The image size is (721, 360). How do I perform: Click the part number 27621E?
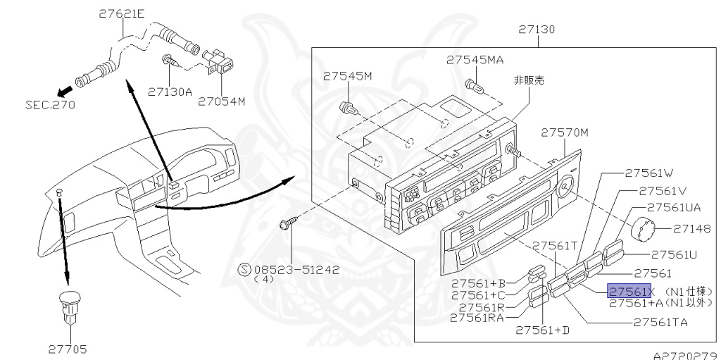pyautogui.click(x=121, y=14)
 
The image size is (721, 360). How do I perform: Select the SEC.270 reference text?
pyautogui.click(x=50, y=104)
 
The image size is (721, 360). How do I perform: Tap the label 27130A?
pyautogui.click(x=170, y=92)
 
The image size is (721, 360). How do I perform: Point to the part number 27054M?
pyautogui.click(x=222, y=101)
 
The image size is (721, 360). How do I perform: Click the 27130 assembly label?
pyautogui.click(x=537, y=30)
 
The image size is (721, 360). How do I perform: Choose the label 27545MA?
pyautogui.click(x=475, y=60)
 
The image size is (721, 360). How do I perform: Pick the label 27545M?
pyautogui.click(x=347, y=76)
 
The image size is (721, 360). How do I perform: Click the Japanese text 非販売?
pyautogui.click(x=529, y=80)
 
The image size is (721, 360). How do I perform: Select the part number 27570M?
pyautogui.click(x=564, y=132)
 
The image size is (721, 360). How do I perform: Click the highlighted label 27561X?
pyautogui.click(x=629, y=291)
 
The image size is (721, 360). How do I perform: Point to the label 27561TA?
pyautogui.click(x=660, y=322)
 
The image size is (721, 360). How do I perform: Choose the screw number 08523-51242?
pyautogui.click(x=296, y=270)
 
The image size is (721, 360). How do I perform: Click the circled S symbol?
pyautogui.click(x=244, y=270)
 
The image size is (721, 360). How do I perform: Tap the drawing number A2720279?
pyautogui.click(x=687, y=355)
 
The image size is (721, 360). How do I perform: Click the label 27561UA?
pyautogui.click(x=674, y=208)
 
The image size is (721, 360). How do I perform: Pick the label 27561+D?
pyautogui.click(x=543, y=330)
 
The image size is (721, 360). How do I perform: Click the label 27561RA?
pyautogui.click(x=477, y=318)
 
